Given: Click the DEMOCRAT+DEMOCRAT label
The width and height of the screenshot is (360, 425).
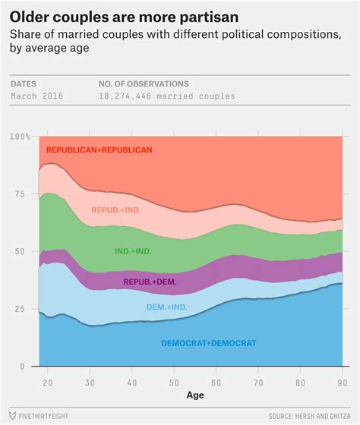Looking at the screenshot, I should click(x=209, y=343).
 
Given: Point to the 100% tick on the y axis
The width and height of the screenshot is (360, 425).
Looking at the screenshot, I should click(x=21, y=137).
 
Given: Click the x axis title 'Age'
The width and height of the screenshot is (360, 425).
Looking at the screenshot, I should click(x=195, y=395).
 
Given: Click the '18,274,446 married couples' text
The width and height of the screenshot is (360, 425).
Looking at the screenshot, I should click(x=166, y=96).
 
